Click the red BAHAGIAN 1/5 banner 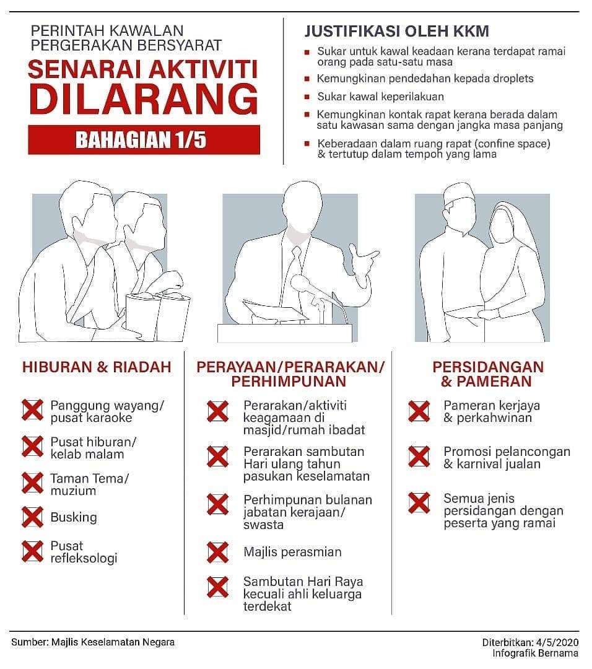click(x=144, y=139)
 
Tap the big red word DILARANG click(x=144, y=98)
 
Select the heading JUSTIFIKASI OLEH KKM click(x=397, y=31)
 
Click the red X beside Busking click(x=32, y=517)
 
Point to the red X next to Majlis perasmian click(x=217, y=552)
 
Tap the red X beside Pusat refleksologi click(x=32, y=551)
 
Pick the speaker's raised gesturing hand click(x=362, y=256)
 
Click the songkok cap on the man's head click(x=458, y=194)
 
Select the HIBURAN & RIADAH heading click(x=97, y=367)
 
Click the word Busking click(x=73, y=517)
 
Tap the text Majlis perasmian click(x=292, y=552)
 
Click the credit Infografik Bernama click(x=535, y=654)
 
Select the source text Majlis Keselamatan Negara click(x=113, y=642)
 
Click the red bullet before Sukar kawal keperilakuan click(x=307, y=97)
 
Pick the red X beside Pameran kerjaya click(x=419, y=411)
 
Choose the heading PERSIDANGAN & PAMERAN click(x=488, y=374)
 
